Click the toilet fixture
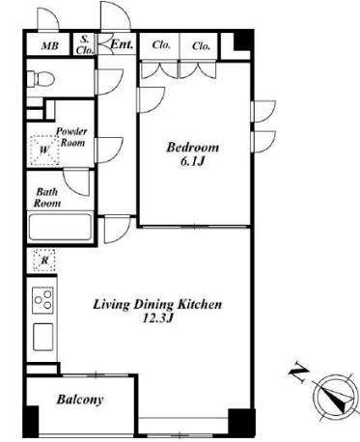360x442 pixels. tap(41, 79)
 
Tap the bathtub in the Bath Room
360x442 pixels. tap(60, 227)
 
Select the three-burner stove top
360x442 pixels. tap(42, 300)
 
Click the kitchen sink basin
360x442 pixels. tap(43, 337)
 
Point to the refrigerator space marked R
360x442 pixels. tap(44, 260)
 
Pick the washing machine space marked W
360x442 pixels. tap(44, 151)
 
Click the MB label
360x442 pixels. tap(50, 46)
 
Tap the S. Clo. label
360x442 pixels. tap(85, 44)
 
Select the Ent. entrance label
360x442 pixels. tap(122, 44)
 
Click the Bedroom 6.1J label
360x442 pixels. tap(192, 154)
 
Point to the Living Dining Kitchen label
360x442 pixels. tap(157, 304)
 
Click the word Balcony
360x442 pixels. tap(80, 400)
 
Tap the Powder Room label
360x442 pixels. tap(71, 137)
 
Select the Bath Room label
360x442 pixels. tap(48, 198)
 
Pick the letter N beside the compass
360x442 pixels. tap(298, 373)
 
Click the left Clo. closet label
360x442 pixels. tap(161, 44)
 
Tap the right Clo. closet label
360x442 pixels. tap(201, 46)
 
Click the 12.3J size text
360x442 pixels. tap(157, 318)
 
